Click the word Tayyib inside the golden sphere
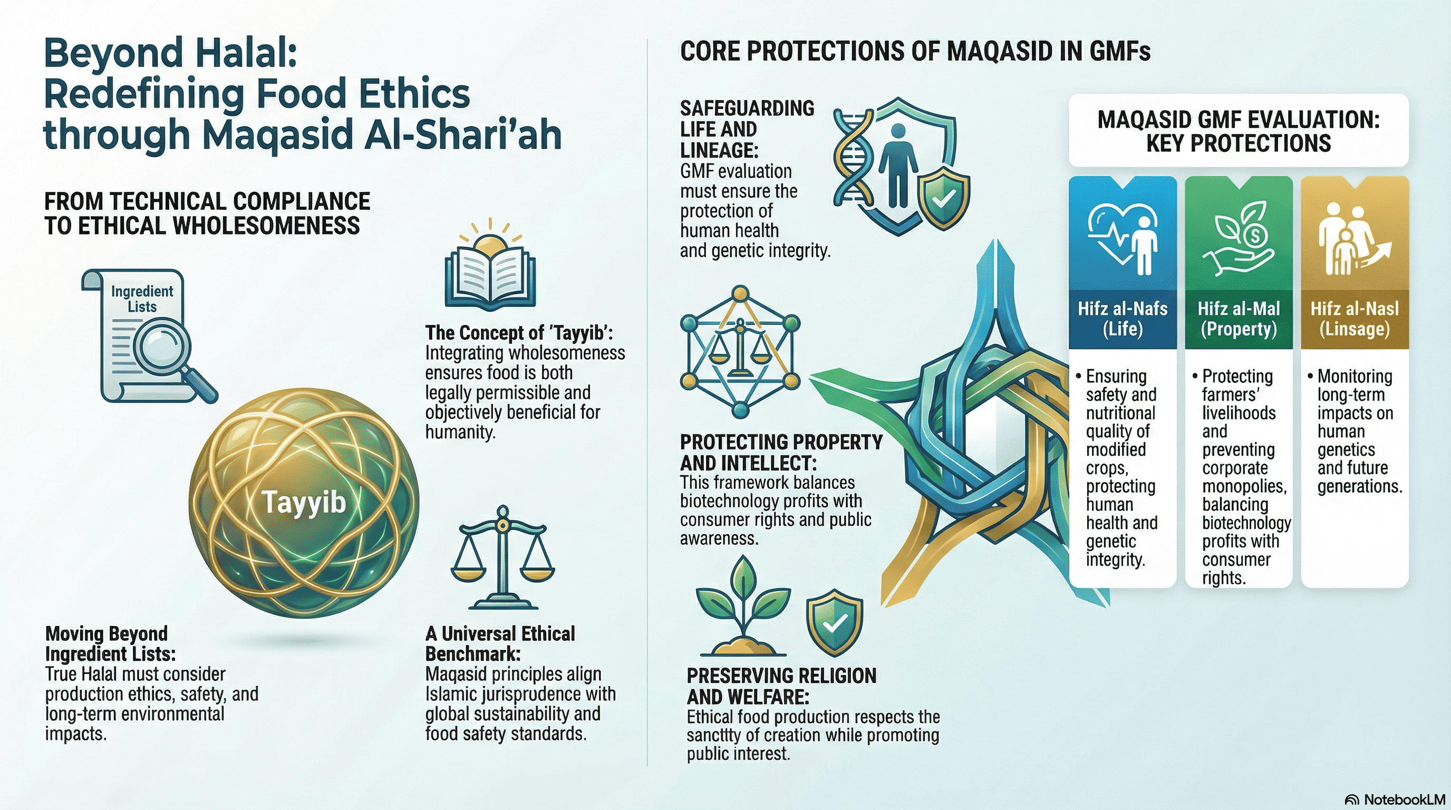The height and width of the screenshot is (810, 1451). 304,501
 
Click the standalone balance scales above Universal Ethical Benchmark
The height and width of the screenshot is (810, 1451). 502,557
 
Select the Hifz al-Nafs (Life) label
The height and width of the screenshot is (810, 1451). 1123,319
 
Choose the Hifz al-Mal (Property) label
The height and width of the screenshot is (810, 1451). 1239,319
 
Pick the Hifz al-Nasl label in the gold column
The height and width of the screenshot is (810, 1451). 1355,319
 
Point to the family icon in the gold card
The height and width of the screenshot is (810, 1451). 1353,239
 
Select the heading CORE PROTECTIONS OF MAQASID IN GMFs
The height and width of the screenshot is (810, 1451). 915,51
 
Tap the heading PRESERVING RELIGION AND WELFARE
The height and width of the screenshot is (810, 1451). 781,686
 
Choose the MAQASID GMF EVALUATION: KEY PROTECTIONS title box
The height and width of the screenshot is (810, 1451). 1239,131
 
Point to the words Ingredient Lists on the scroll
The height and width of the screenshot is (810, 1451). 142,298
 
